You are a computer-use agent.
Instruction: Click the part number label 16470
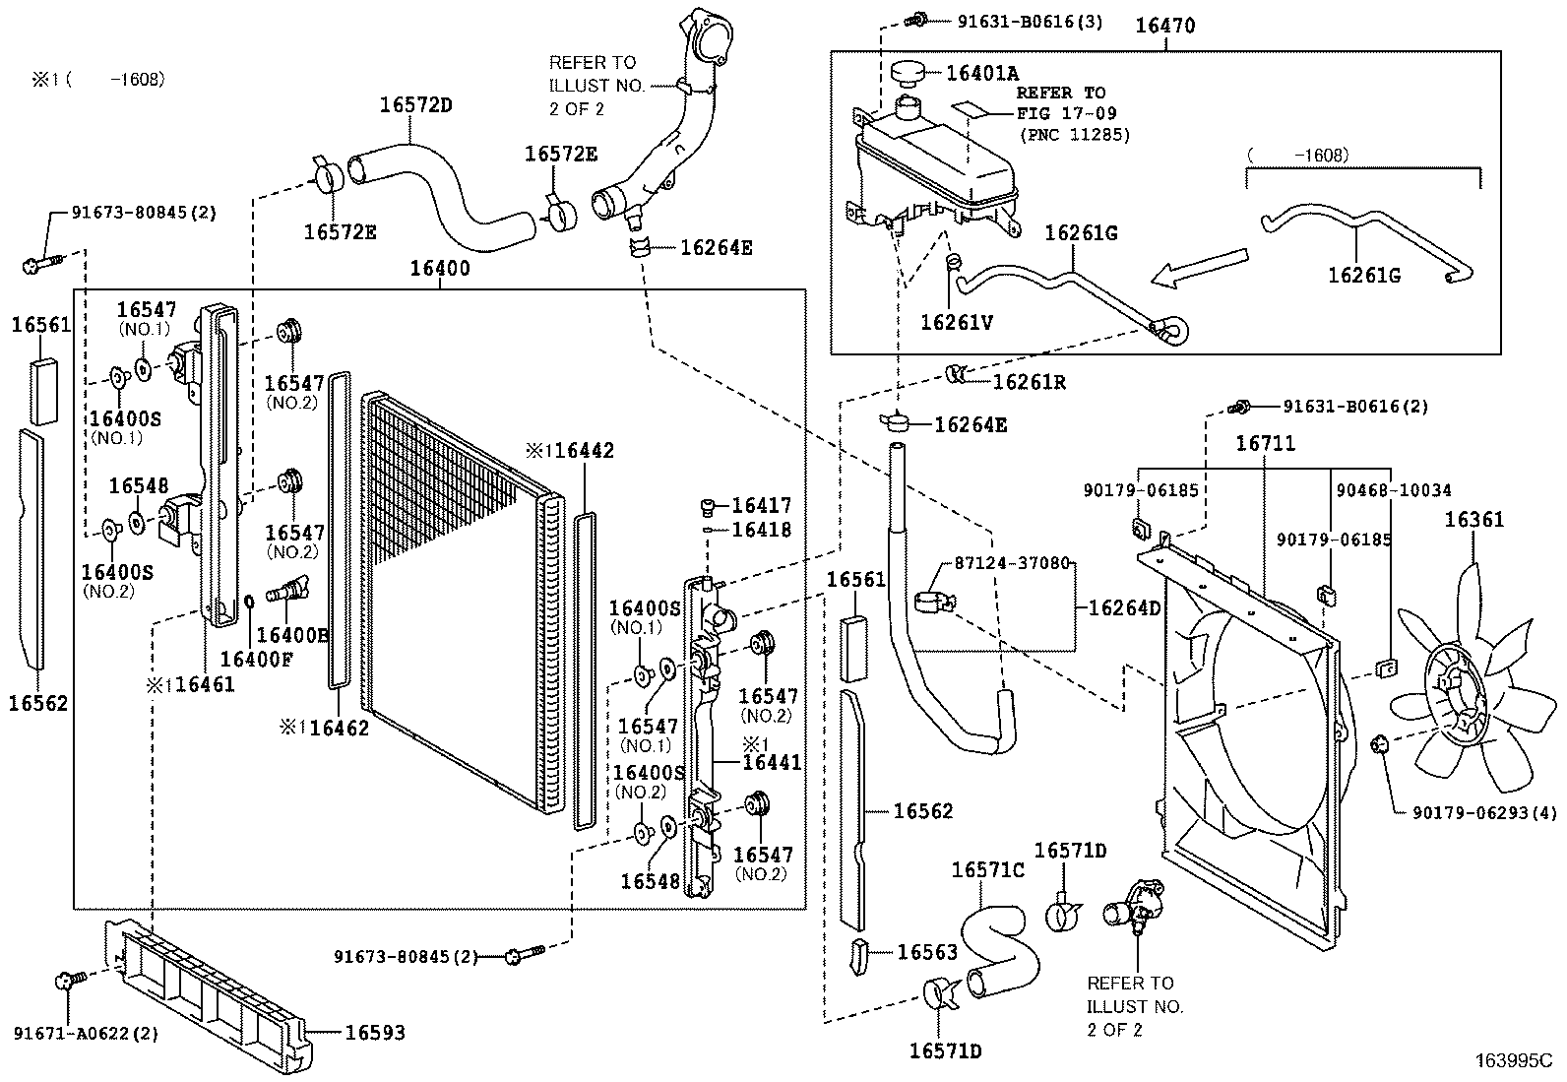pos(1165,27)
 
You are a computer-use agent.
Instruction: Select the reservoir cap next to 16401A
pos(911,73)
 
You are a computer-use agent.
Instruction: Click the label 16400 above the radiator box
pos(440,268)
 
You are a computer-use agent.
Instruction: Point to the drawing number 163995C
pos(1512,1061)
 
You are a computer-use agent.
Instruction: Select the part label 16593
pos(374,1033)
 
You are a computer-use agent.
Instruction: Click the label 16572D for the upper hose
pos(415,105)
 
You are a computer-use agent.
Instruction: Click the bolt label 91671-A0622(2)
pos(86,1034)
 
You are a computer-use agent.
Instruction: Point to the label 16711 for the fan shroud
pos(1266,445)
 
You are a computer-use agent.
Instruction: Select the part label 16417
pos(761,506)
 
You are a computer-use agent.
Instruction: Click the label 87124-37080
pos(1011,564)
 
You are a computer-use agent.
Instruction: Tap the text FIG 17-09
pos(1067,114)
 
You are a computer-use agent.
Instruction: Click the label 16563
pos(927,952)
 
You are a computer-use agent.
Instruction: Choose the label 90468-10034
pos(1393,490)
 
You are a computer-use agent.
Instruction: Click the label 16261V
pos(957,321)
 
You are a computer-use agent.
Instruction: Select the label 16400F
pos(256,659)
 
